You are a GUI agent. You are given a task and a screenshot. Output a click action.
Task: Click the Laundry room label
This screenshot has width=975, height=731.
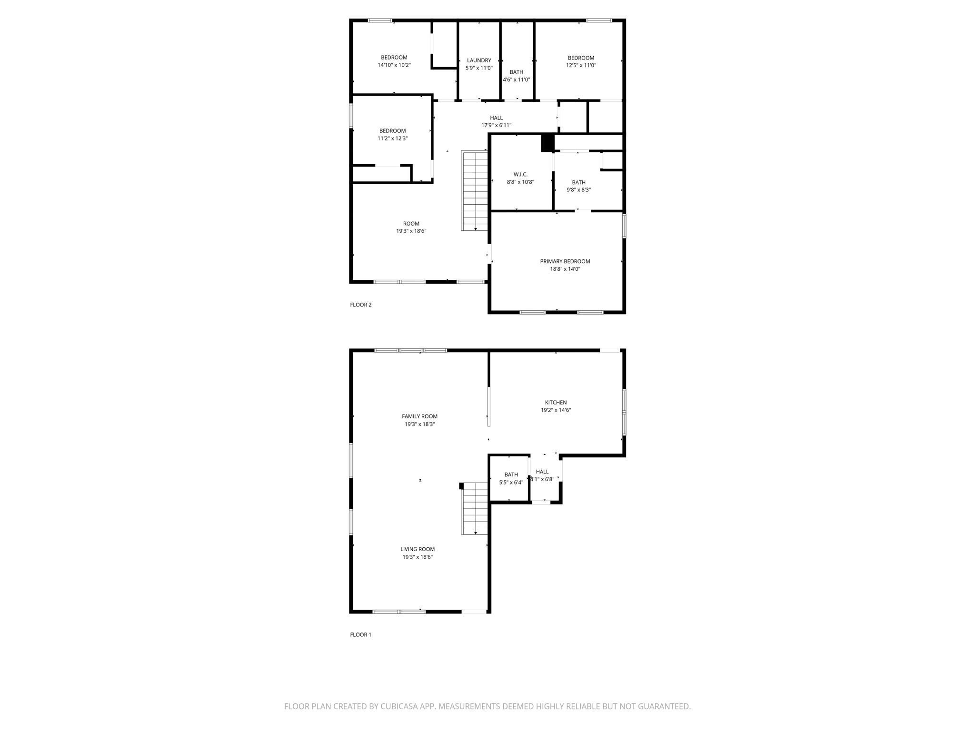[x=479, y=60]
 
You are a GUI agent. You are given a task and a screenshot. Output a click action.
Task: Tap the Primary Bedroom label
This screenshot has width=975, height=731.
[x=565, y=261]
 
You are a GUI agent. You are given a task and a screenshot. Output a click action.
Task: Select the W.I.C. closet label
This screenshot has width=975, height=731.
[x=520, y=175]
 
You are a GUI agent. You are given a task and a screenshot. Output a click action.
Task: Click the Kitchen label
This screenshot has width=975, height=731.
[x=556, y=403]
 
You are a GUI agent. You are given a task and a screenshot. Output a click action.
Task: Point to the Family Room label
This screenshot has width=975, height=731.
[x=419, y=416]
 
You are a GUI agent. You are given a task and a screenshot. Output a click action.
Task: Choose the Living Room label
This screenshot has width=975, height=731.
[x=418, y=549]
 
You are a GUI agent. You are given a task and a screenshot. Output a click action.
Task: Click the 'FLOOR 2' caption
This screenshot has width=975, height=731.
[x=360, y=305]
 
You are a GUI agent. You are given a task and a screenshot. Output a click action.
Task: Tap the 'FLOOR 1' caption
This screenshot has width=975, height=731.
[x=360, y=634]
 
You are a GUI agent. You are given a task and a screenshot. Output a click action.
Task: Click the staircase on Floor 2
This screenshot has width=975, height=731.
[x=475, y=190]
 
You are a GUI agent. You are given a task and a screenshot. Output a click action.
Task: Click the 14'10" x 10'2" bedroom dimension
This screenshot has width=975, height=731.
[x=394, y=65]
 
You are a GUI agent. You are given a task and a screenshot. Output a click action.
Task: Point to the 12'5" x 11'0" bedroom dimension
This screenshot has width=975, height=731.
[x=581, y=66]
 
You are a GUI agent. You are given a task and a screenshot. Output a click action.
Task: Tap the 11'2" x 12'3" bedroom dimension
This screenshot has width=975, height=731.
[x=393, y=138]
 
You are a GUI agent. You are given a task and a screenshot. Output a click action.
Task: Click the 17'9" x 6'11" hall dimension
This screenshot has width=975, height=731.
[x=496, y=126]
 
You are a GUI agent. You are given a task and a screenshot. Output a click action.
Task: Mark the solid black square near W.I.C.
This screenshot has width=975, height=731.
[x=547, y=143]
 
